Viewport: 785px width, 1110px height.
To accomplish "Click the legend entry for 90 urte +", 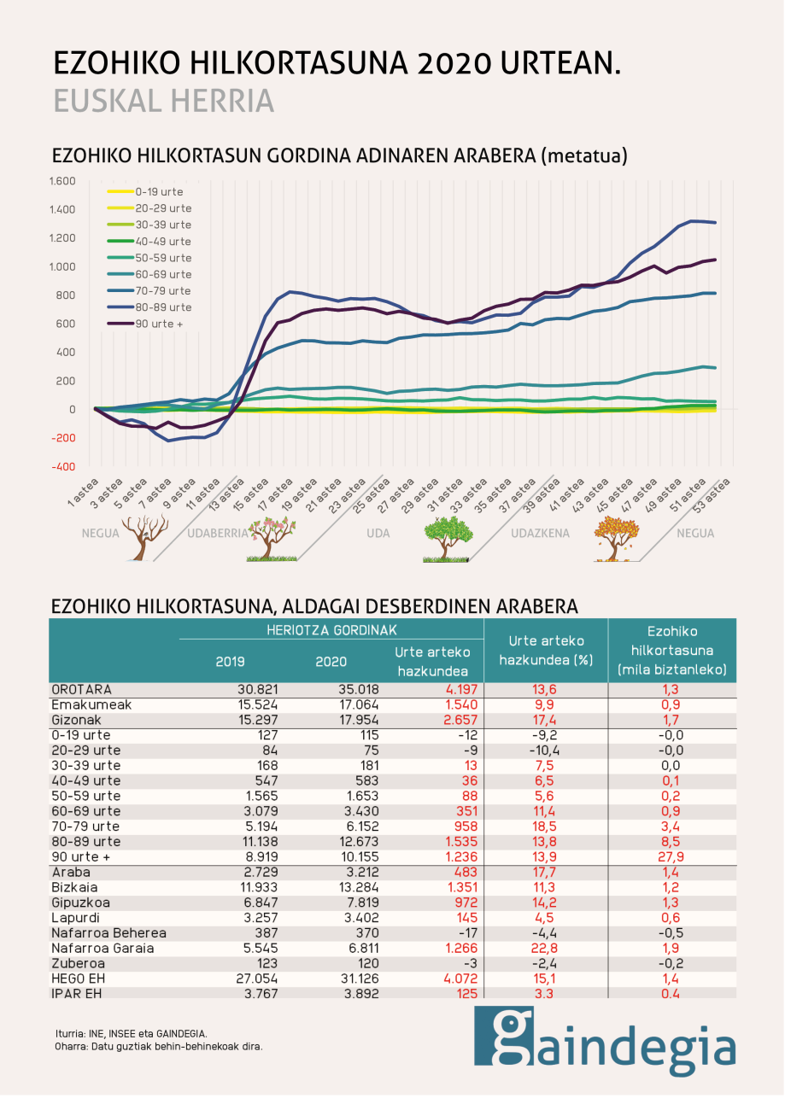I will (x=159, y=324).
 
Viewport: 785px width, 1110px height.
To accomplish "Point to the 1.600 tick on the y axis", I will (x=64, y=181).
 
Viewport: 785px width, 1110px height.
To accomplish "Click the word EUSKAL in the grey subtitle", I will (x=106, y=100).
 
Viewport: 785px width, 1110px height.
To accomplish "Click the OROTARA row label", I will (x=82, y=689).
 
